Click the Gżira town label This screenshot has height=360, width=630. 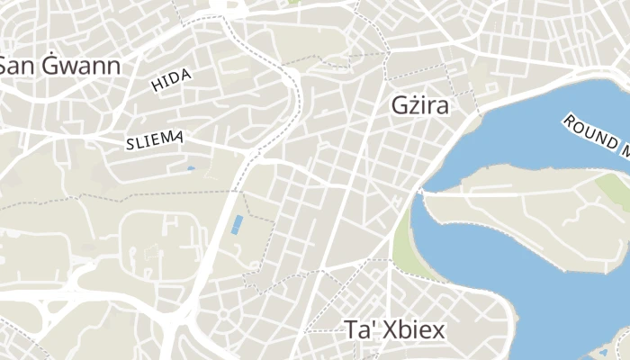tap(420, 105)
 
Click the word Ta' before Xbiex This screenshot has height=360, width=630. tap(359, 330)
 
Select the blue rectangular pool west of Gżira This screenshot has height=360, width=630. tap(236, 224)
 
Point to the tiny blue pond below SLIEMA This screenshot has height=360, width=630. tap(190, 168)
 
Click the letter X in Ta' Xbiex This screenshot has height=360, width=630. tap(387, 330)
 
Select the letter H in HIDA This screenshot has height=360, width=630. tap(157, 87)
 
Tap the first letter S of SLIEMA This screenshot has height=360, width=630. tap(130, 141)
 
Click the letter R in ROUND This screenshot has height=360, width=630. tap(569, 120)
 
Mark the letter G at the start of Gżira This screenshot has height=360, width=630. tap(400, 105)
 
